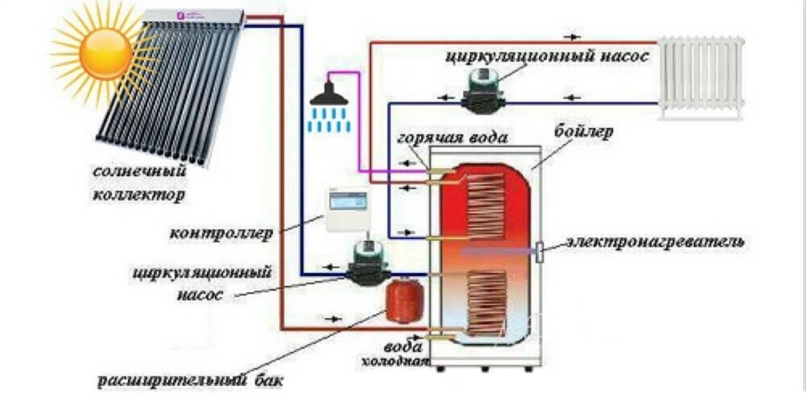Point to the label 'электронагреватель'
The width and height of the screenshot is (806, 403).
[655, 241]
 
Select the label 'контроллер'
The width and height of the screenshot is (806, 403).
[220, 235]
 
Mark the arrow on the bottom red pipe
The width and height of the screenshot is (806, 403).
[334, 319]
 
